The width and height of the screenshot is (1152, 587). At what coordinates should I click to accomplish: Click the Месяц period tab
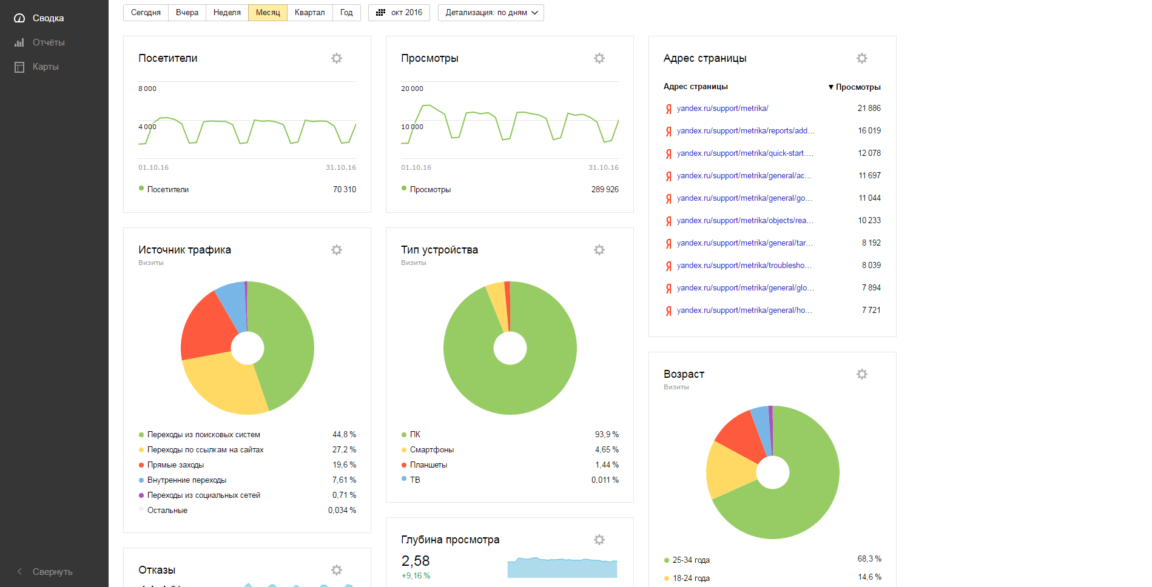[268, 13]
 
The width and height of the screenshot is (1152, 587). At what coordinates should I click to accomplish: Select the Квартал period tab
[309, 13]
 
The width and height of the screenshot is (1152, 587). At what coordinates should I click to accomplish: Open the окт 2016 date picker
[399, 13]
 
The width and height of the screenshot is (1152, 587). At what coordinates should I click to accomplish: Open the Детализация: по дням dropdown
[491, 13]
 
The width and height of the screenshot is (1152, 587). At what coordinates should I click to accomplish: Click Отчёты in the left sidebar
[49, 42]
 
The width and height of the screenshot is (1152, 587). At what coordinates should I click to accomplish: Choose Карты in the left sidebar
[45, 67]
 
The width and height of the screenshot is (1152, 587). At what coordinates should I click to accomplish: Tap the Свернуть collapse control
[52, 572]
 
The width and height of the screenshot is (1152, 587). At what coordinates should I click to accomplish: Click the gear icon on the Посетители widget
[337, 58]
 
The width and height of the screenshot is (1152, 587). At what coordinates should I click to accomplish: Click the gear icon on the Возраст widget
[862, 374]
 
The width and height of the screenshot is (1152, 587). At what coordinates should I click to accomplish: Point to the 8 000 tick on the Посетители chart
[147, 89]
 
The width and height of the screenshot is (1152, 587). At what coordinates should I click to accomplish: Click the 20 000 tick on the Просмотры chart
[412, 89]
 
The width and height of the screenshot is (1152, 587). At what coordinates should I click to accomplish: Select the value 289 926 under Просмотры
[605, 190]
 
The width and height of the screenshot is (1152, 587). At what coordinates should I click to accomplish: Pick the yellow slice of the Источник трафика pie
[223, 382]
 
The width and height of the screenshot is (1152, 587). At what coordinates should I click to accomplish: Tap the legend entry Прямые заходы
[175, 465]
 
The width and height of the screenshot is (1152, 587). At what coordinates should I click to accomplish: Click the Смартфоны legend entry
[432, 450]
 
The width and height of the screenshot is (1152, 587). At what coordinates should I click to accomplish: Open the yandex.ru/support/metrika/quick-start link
[745, 153]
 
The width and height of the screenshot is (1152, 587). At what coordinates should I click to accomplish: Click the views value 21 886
[869, 109]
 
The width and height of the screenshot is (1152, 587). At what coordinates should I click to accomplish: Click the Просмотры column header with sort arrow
[855, 87]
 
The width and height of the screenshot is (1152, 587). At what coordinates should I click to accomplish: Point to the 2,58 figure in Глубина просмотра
[416, 561]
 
